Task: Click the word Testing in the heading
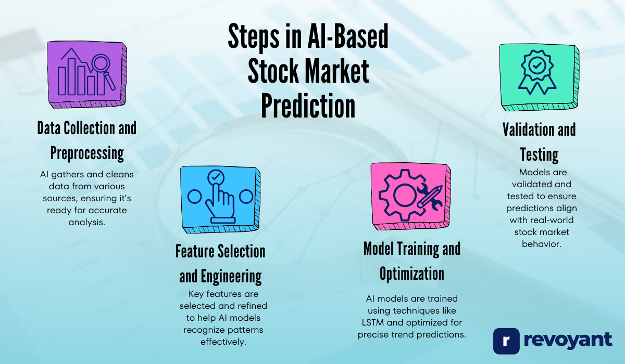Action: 539,154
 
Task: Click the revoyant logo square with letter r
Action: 506,341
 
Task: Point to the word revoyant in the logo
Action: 568,341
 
